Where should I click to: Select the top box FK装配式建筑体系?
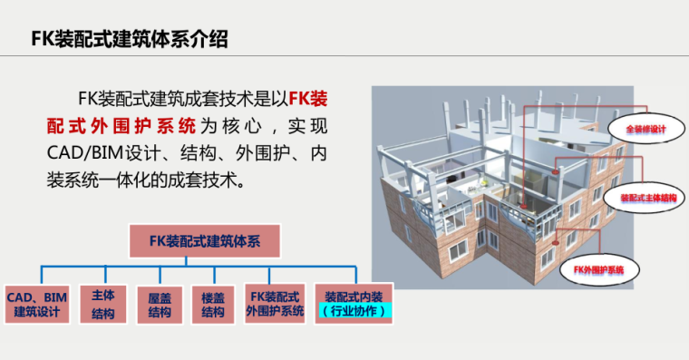pos(205,241)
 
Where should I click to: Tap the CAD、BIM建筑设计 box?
pos(36,305)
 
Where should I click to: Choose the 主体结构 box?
pos(103,305)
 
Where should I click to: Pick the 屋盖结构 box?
pos(160,305)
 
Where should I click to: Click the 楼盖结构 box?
pos(213,305)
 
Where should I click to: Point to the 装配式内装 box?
pos(354,297)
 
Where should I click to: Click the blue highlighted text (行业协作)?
pos(354,312)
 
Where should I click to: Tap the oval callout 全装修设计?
pos(645,130)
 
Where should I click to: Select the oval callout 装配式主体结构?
pos(647,196)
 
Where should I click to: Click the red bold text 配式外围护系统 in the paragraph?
pos(121,125)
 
